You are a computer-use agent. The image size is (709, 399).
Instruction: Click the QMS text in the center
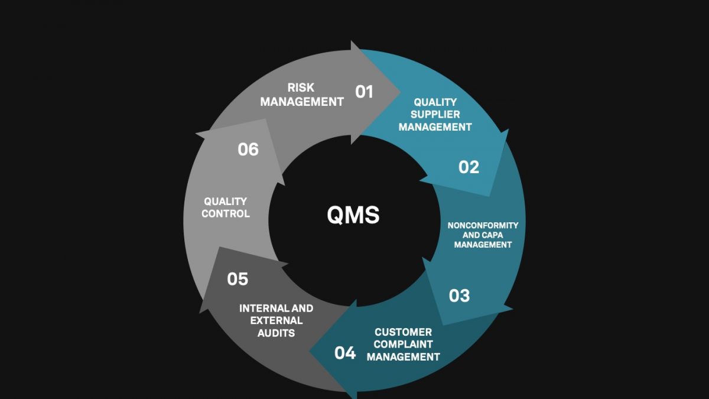pyautogui.click(x=353, y=215)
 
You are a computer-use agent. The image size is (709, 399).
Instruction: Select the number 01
pyautogui.click(x=364, y=92)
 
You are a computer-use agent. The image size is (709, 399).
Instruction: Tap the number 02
pyautogui.click(x=469, y=167)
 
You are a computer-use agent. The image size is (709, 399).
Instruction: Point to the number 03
pyautogui.click(x=459, y=296)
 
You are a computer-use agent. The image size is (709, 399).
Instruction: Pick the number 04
pyautogui.click(x=345, y=353)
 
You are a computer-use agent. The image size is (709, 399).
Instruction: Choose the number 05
pyautogui.click(x=238, y=279)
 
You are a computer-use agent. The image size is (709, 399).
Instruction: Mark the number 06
pyautogui.click(x=248, y=150)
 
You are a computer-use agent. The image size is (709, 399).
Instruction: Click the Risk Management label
pyautogui.click(x=302, y=95)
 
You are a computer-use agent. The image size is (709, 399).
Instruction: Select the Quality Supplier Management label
pyautogui.click(x=435, y=114)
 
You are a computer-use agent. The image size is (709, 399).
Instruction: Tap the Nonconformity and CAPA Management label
pyautogui.click(x=483, y=235)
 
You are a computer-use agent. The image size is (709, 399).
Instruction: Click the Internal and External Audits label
pyautogui.click(x=276, y=320)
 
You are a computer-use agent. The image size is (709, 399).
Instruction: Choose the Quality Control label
pyautogui.click(x=225, y=207)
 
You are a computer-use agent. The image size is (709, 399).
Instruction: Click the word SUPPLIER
pyautogui.click(x=435, y=114)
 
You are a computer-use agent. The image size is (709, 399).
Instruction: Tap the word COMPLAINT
pyautogui.click(x=403, y=344)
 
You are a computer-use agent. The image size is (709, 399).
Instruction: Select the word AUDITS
pyautogui.click(x=276, y=333)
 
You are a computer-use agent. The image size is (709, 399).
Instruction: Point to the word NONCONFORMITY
pyautogui.click(x=483, y=225)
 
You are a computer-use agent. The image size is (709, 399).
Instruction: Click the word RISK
pyautogui.click(x=301, y=87)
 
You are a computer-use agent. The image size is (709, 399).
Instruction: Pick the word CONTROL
pyautogui.click(x=225, y=213)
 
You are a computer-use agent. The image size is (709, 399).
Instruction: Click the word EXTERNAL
pyautogui.click(x=276, y=320)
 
